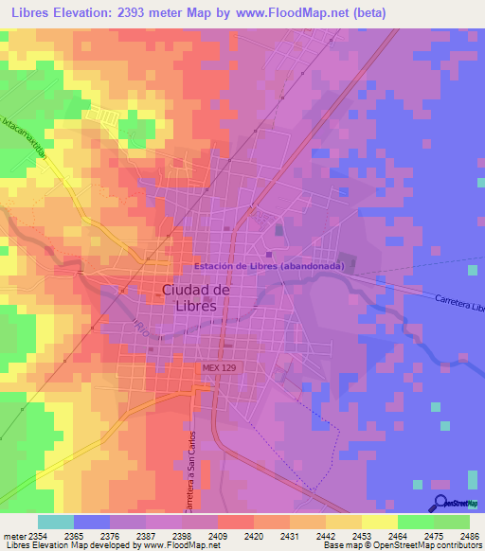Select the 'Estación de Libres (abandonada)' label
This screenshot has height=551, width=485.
tap(269, 266)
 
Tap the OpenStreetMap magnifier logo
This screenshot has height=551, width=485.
tap(441, 504)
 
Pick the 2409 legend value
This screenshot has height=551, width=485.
tap(218, 536)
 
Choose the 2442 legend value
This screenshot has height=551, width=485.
tap(325, 536)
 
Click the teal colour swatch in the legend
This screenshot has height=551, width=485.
tap(55, 522)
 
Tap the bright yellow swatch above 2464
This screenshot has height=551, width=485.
tap(379, 522)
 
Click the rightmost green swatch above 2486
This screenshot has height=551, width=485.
tap(452, 522)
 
